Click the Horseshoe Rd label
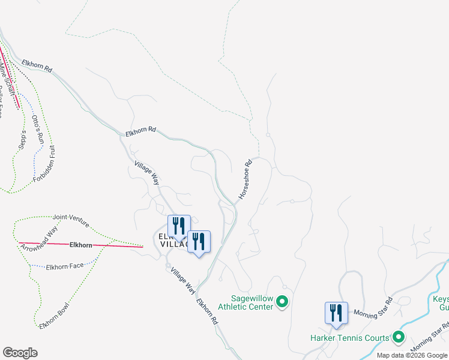click(246, 179)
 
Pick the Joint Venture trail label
click(71, 220)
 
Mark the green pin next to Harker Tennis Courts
click(397, 338)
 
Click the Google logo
click(20, 353)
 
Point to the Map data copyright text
click(412, 355)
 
